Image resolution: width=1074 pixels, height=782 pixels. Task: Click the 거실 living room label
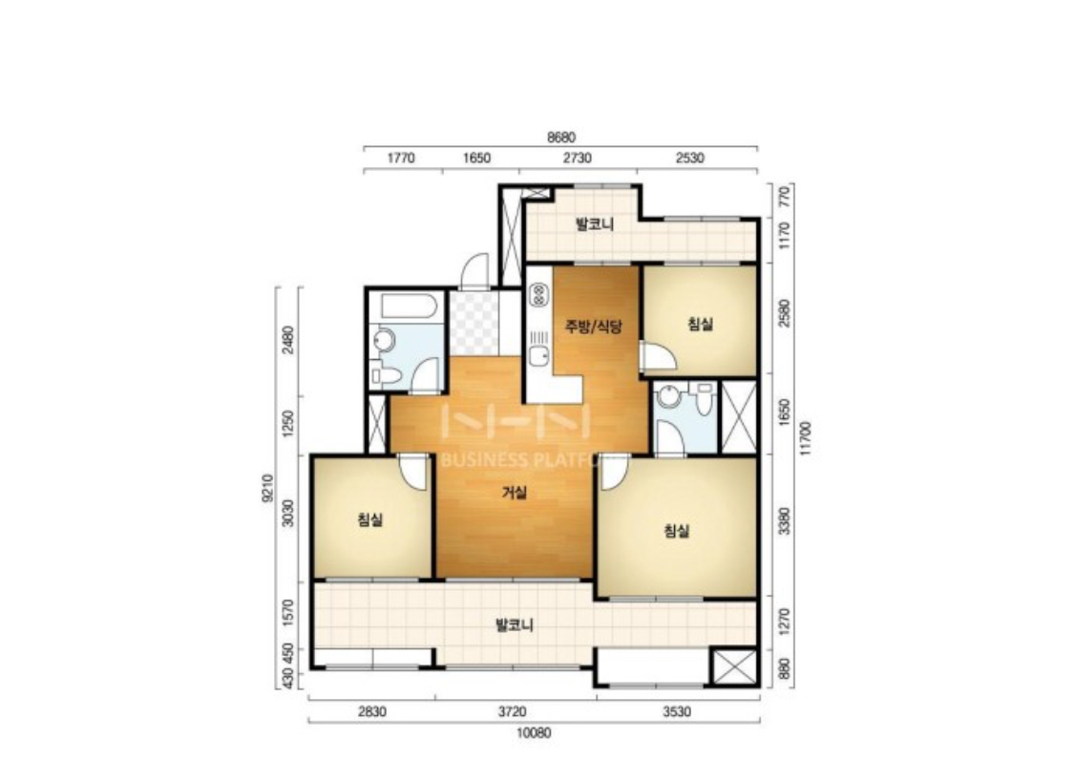pos(516,493)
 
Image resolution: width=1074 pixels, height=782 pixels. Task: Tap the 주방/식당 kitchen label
pos(593,326)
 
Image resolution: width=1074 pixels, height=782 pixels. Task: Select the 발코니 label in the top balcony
pos(595,224)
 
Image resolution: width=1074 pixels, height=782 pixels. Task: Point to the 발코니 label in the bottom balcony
pos(515,625)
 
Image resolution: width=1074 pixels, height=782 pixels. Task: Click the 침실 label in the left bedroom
pos(370,519)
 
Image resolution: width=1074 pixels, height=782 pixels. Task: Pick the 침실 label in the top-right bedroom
pos(700,324)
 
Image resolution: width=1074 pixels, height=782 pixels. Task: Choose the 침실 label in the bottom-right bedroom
pos(676,531)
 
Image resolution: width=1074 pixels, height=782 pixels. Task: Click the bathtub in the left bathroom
pos(409,306)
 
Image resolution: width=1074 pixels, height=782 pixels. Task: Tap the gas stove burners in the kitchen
pos(539,295)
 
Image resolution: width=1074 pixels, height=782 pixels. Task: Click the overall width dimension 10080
pos(534,733)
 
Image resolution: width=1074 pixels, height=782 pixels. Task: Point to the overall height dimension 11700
pos(806,438)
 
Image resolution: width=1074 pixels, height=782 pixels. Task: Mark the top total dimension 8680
pos(561,137)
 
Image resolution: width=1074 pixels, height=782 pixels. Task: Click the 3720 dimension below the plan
pos(513,711)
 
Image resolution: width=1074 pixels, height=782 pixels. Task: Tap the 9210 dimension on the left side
pos(267,488)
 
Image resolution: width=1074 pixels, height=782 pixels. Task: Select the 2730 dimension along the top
pos(578,159)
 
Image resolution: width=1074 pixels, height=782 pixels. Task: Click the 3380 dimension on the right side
pos(785,520)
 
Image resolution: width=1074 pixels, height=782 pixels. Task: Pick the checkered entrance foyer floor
pos(474,323)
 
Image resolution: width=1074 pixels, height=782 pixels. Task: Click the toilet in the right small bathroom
pos(704,398)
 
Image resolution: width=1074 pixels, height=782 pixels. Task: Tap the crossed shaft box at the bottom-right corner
pos(733,666)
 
